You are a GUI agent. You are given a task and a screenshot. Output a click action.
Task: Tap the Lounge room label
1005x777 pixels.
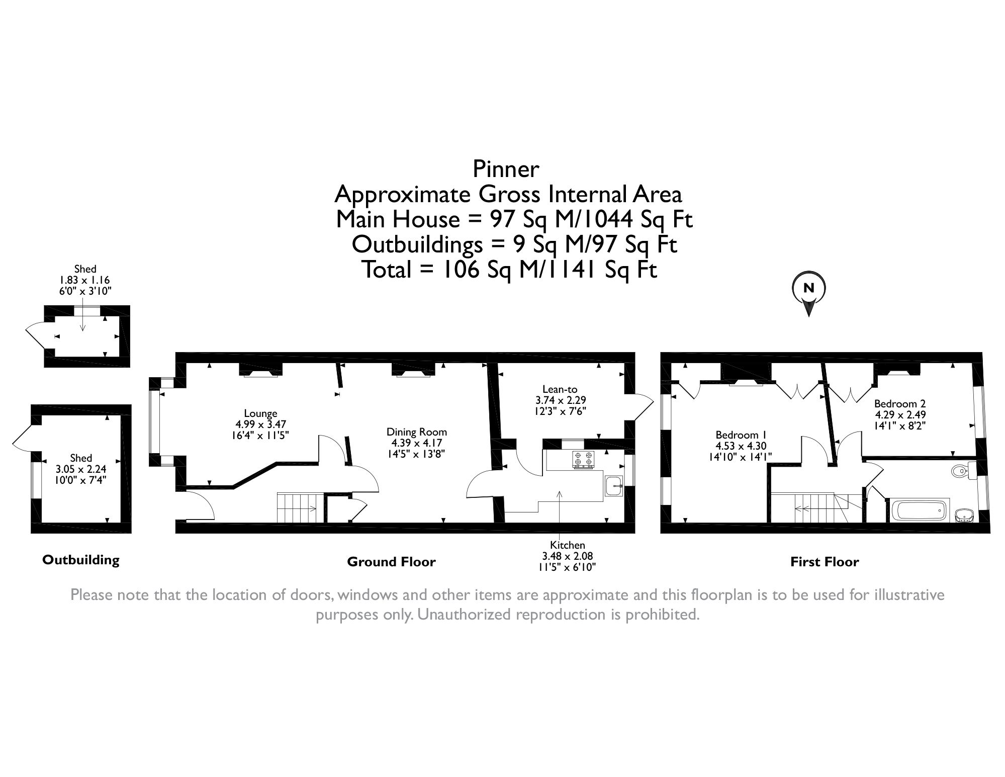(260, 413)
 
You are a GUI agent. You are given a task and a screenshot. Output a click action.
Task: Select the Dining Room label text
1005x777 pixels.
(416, 432)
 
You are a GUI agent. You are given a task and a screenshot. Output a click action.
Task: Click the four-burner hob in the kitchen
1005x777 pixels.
(582, 460)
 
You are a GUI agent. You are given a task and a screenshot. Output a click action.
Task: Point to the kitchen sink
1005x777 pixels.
(614, 486)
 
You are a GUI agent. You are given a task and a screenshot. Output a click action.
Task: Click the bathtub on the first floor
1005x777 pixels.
(918, 511)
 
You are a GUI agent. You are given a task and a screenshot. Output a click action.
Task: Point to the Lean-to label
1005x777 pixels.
(560, 389)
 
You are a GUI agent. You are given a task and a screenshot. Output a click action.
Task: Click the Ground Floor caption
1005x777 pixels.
(391, 562)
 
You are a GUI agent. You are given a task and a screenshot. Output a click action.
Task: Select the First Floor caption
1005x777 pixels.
(825, 562)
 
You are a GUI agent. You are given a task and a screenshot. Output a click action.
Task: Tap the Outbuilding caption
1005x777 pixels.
(80, 560)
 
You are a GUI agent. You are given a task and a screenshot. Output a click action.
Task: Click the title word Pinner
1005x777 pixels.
(506, 169)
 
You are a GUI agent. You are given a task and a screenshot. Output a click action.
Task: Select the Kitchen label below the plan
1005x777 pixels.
(567, 545)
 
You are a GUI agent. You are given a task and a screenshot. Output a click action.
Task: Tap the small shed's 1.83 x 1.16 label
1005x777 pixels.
(85, 280)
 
